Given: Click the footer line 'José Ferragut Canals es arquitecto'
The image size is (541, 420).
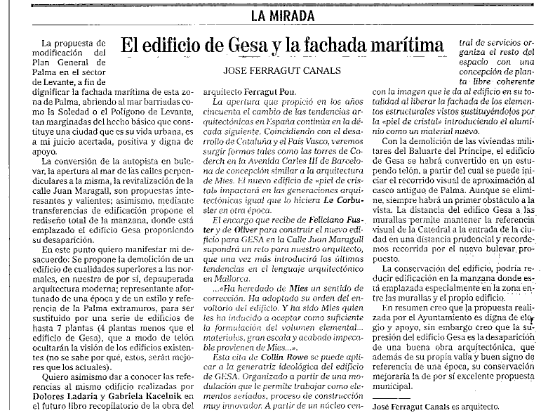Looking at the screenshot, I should [436, 407].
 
